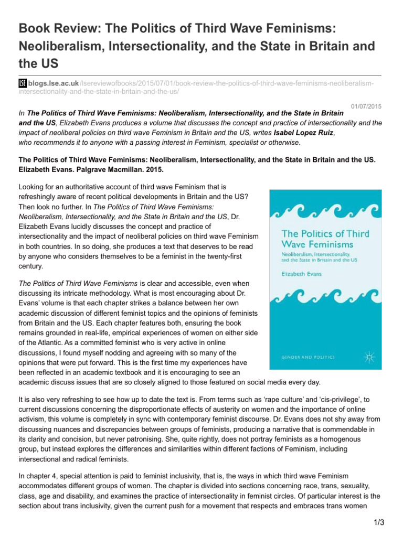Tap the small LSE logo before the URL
pos(23,83)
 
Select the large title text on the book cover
pos(325,239)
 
